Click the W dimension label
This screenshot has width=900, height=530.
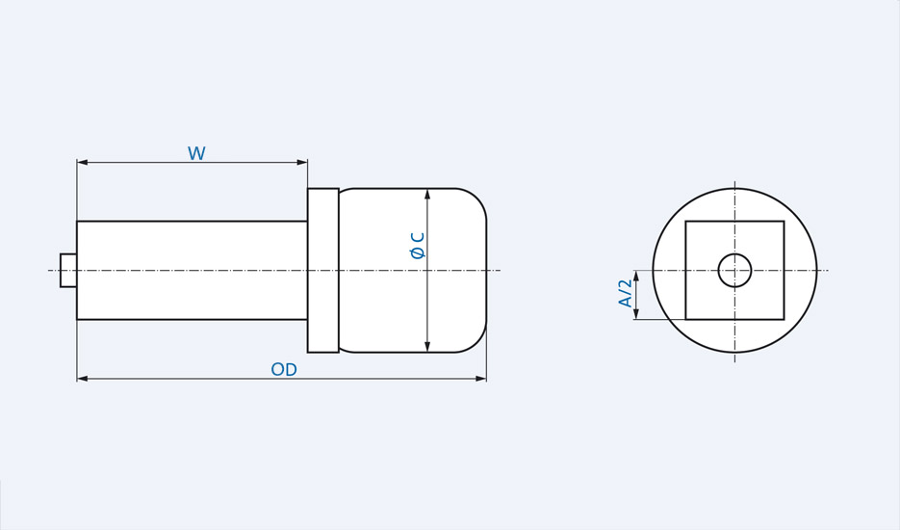pyautogui.click(x=196, y=154)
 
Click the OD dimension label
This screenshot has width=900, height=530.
pyautogui.click(x=284, y=370)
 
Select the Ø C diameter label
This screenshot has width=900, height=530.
pyautogui.click(x=418, y=246)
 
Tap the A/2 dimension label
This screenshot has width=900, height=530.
pyautogui.click(x=626, y=293)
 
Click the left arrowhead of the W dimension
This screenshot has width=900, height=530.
pyautogui.click(x=83, y=162)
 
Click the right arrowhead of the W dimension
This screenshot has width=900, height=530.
pyautogui.click(x=301, y=162)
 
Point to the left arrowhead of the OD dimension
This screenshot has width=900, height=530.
pyautogui.click(x=83, y=379)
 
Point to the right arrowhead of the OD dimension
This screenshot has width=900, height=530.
pyautogui.click(x=480, y=379)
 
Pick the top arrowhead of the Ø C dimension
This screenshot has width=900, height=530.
pyautogui.click(x=427, y=195)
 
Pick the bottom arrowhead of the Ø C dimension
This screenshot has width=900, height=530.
pyautogui.click(x=427, y=346)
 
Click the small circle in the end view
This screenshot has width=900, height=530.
pyautogui.click(x=734, y=271)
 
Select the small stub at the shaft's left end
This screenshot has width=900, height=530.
pyautogui.click(x=68, y=271)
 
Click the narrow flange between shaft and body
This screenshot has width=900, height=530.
pyautogui.click(x=323, y=271)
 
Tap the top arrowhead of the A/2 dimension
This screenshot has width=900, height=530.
pyautogui.click(x=636, y=277)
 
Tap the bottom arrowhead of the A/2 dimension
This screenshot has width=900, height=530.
pyautogui.click(x=636, y=313)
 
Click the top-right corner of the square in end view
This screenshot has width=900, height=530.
pyautogui.click(x=784, y=222)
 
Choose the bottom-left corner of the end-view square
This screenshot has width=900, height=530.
pyautogui.click(x=685, y=319)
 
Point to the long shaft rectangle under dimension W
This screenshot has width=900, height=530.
pyautogui.click(x=193, y=271)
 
